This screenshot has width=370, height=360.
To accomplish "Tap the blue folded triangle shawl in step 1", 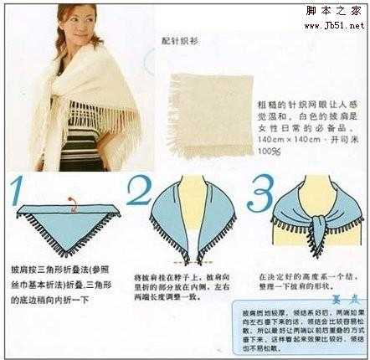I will coord(67,220).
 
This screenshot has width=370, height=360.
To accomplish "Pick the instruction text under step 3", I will coord(303,279).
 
